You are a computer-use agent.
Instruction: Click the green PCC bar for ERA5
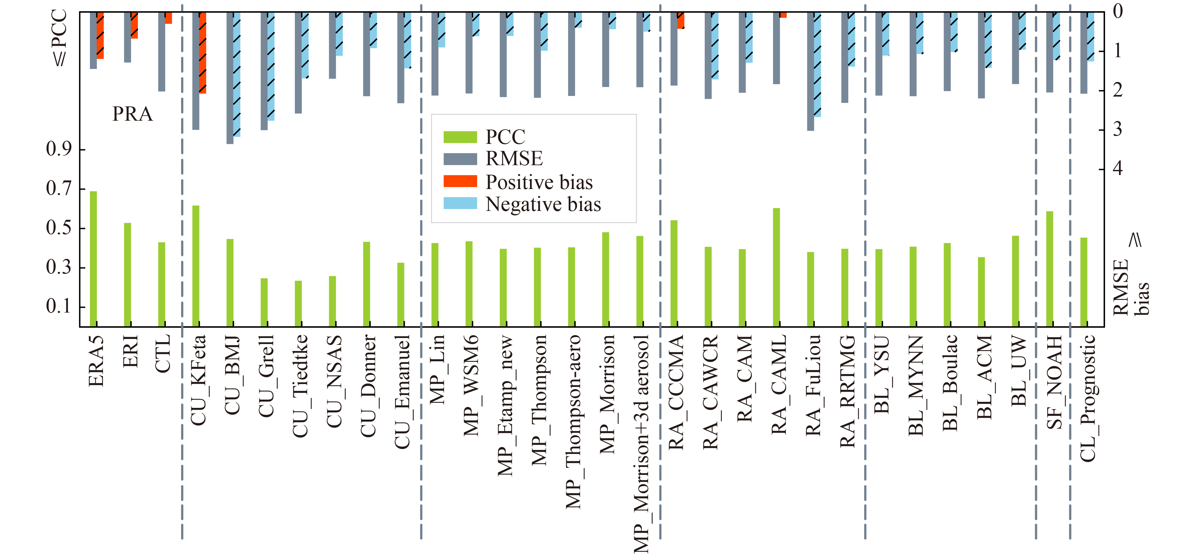pos(93,259)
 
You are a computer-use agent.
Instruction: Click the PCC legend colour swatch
pos(460,137)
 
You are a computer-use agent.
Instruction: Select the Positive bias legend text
pos(539,182)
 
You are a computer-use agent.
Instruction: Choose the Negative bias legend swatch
pos(460,204)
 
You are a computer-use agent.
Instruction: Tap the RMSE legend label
pos(514,159)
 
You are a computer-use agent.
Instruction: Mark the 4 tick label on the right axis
pos(1117,168)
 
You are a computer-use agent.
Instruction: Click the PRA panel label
pos(132,114)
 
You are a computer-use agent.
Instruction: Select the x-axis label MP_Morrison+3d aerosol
pos(641,443)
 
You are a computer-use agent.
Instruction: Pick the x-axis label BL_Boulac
pos(950,382)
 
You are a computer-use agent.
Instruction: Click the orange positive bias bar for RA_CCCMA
pos(681,21)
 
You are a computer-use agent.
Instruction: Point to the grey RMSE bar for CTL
pos(161,51)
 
